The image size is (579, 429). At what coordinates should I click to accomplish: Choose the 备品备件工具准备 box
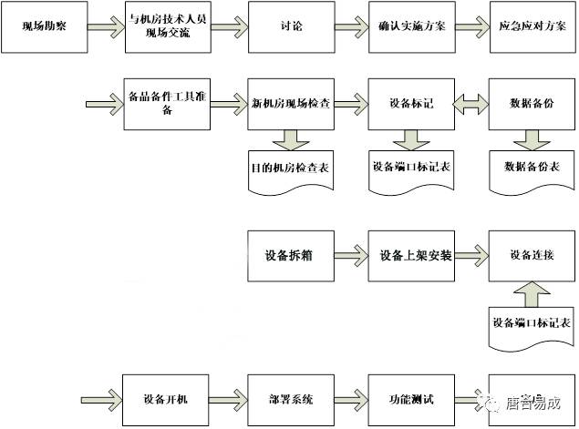pos(167,104)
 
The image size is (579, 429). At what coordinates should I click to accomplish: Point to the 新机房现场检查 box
pos(289,104)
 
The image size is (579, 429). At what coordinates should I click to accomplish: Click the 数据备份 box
pos(532,104)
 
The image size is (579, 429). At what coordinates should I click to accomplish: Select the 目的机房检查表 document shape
pos(290,170)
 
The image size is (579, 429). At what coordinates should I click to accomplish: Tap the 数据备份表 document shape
pos(532,170)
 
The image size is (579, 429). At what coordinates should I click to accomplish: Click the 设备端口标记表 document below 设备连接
pos(532,325)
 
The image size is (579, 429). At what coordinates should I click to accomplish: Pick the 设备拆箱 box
pos(289,252)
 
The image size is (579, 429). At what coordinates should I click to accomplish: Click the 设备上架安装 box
pos(410,252)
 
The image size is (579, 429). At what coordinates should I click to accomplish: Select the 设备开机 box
pos(167,398)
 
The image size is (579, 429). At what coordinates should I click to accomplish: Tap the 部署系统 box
pos(289,398)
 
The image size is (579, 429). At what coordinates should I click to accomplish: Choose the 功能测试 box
pos(410,398)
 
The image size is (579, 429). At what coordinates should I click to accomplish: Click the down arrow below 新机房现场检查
pos(290,139)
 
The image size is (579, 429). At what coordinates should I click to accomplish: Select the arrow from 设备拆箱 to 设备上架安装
pos(349,252)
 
